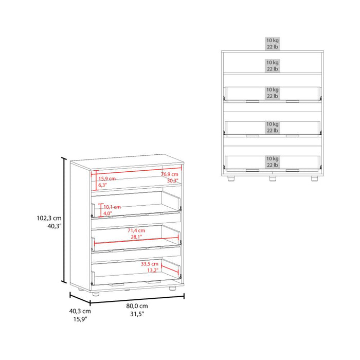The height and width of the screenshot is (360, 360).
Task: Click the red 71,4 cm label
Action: coord(137,230)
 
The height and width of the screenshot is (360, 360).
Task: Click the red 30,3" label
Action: coord(170,181)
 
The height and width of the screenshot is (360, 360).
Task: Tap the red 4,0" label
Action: coord(107,213)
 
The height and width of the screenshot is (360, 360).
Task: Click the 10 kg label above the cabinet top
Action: coord(272,40)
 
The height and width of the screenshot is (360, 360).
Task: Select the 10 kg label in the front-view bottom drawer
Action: coord(272,159)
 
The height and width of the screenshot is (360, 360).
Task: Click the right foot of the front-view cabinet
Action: coord(313,180)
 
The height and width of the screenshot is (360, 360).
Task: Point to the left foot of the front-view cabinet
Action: coord(231,180)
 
